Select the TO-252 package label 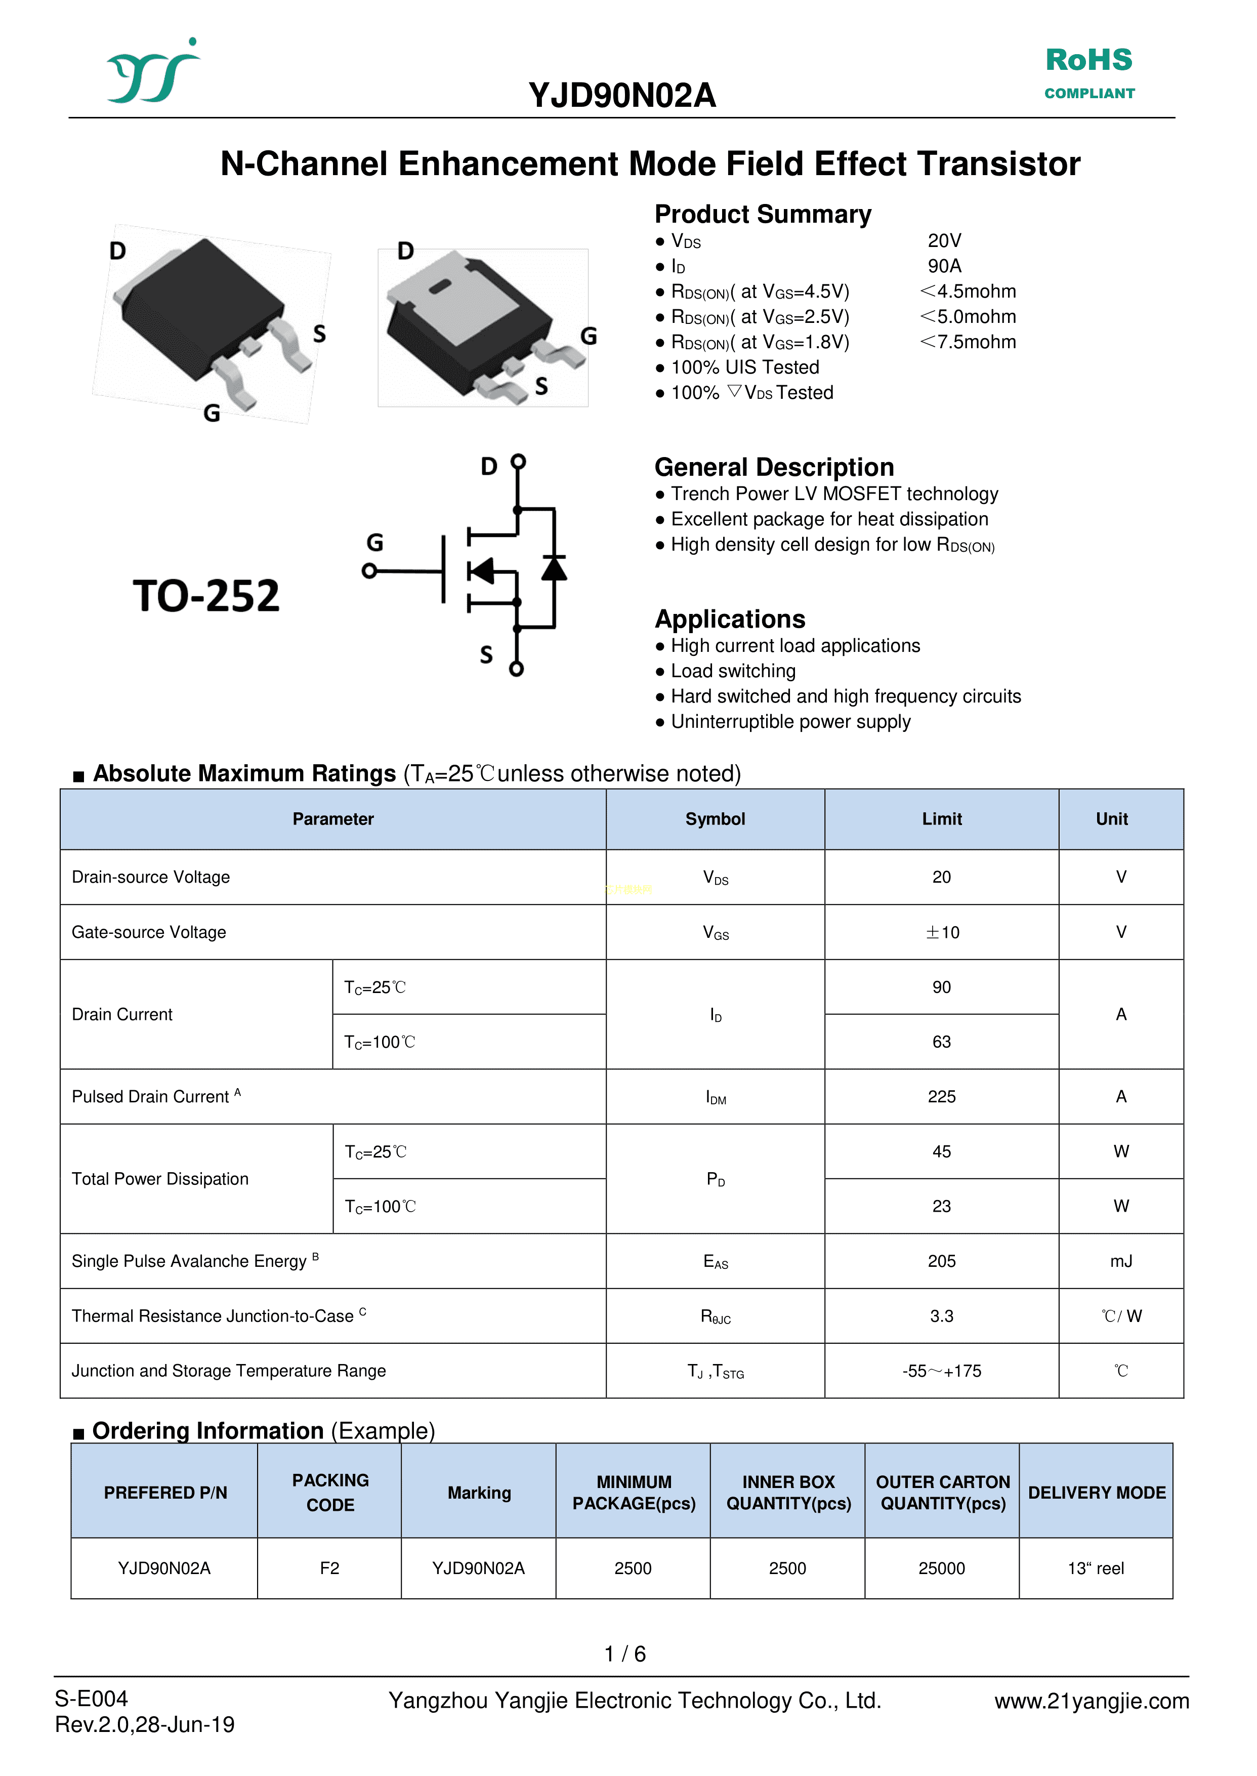point(206,595)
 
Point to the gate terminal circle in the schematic point(369,571)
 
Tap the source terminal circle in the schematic point(516,669)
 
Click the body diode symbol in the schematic point(554,568)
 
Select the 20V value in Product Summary point(944,241)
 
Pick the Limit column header point(941,819)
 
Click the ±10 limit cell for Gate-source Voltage point(941,932)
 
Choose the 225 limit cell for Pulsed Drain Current point(941,1096)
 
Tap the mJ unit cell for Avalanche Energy point(1121,1261)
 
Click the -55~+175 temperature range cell point(941,1371)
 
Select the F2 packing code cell point(330,1568)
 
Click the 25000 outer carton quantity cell point(941,1568)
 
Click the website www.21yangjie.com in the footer point(1092,1701)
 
